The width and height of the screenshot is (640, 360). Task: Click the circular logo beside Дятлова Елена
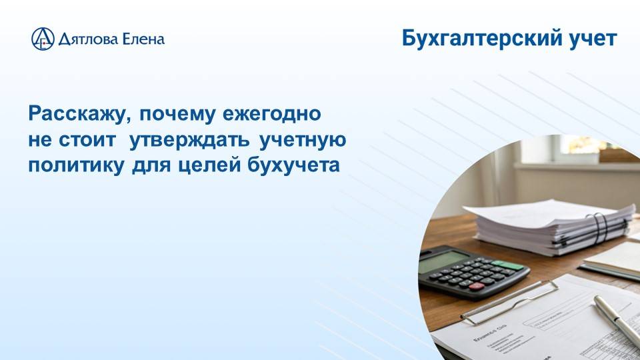click(x=43, y=39)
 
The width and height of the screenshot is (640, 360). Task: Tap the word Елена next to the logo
click(x=141, y=39)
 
